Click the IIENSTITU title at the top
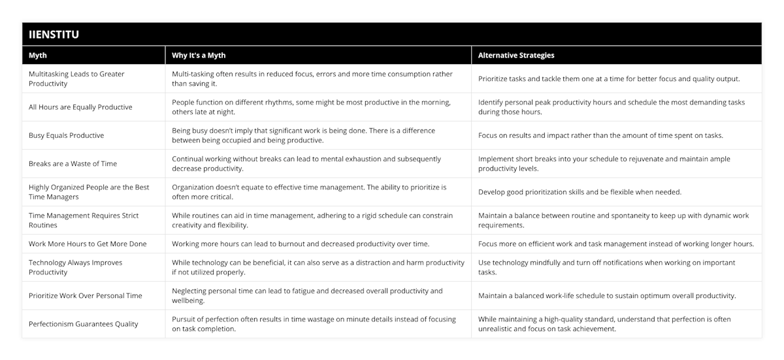pyautogui.click(x=54, y=35)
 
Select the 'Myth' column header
pyautogui.click(x=38, y=56)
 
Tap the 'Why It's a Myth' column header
pyautogui.click(x=199, y=56)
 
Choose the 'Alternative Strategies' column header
pyautogui.click(x=516, y=56)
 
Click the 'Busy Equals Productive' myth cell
pyautogui.click(x=66, y=135)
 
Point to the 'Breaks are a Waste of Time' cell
pyautogui.click(x=73, y=163)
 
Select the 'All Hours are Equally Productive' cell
pyautogui.click(x=80, y=107)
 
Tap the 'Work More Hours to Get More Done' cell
pyautogui.click(x=88, y=244)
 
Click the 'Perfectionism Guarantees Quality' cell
pyautogui.click(x=83, y=323)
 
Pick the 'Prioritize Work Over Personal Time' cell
pyautogui.click(x=85, y=295)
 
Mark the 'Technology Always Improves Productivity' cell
pyautogui.click(x=75, y=267)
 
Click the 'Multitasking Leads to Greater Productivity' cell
pyautogui.click(x=76, y=78)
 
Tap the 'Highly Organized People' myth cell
pyautogui.click(x=89, y=191)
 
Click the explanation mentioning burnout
pyautogui.click(x=301, y=244)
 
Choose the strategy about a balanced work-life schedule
pyautogui.click(x=607, y=295)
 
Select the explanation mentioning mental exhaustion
pyautogui.click(x=306, y=163)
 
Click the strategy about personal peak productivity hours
pyautogui.click(x=611, y=107)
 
